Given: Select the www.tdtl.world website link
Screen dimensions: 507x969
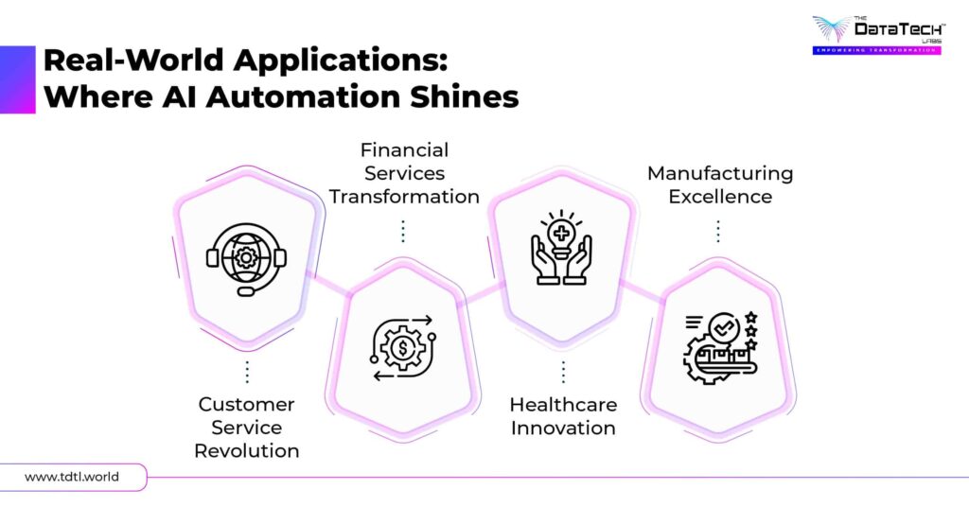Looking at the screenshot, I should (72, 477).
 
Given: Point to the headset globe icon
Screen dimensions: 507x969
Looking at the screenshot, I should (246, 256).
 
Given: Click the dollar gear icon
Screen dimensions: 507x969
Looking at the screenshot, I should (402, 347).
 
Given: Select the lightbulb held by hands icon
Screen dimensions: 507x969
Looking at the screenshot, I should (561, 247).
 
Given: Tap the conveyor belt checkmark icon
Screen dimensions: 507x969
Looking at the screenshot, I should (720, 347).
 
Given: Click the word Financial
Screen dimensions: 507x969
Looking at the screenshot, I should (404, 150).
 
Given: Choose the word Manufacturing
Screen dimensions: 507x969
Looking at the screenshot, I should (720, 174).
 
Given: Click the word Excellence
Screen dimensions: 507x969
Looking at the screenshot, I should (720, 197).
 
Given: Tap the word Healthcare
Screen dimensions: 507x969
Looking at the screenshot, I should (563, 404).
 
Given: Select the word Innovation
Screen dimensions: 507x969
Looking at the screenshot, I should (563, 428).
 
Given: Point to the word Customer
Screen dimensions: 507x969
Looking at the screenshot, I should (247, 404).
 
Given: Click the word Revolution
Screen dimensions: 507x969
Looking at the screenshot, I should (247, 450).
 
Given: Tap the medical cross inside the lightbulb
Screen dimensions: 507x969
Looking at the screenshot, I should (561, 233).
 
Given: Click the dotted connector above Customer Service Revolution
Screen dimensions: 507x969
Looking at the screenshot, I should (247, 371).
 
